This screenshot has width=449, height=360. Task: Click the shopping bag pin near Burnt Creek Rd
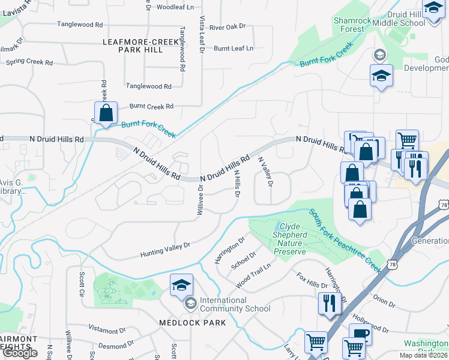[106, 113]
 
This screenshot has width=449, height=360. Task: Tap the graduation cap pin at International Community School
[181, 286]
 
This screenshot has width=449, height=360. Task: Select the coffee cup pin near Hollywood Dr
[360, 335]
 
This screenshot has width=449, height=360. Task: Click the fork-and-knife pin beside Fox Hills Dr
[330, 302]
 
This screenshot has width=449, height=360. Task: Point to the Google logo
[20, 353]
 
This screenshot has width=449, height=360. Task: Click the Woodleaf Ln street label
[175, 8]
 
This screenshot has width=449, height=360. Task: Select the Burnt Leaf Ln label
[234, 48]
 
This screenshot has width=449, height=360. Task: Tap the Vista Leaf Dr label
[202, 35]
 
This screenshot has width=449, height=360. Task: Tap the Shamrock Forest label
[349, 25]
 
